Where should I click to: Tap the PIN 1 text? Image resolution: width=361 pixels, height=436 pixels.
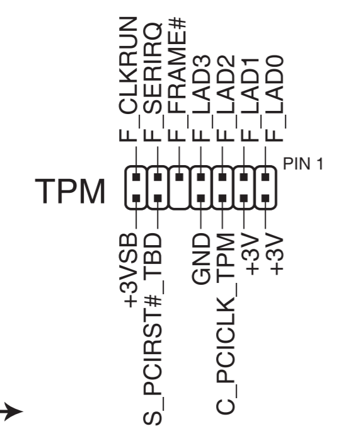pos(303,165)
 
